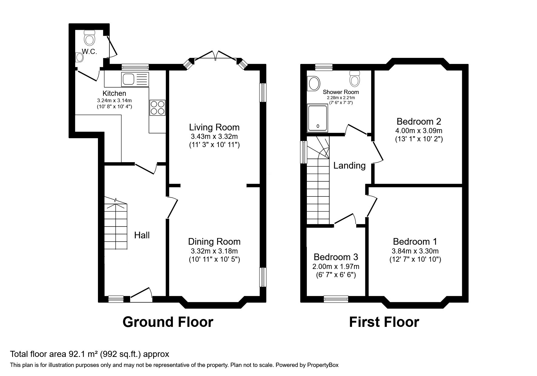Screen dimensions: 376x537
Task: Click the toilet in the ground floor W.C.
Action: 89,38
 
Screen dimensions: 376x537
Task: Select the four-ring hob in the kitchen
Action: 157,108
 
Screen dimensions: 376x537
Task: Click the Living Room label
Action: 214,127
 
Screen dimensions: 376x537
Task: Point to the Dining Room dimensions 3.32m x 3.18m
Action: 214,251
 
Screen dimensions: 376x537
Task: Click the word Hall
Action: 142,235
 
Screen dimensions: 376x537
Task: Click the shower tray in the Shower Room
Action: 317,118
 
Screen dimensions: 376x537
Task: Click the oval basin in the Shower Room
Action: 314,83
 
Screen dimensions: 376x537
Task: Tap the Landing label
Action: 349,166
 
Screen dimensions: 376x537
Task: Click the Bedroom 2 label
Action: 419,122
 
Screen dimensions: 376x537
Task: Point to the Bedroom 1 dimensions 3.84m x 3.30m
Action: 415,251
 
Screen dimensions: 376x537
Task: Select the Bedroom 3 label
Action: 336,257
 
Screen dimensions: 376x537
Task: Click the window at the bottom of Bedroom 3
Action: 336,299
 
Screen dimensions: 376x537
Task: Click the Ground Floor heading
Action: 168,322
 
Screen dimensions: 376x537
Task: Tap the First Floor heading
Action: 384,322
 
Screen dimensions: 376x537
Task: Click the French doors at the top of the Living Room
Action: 216,56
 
